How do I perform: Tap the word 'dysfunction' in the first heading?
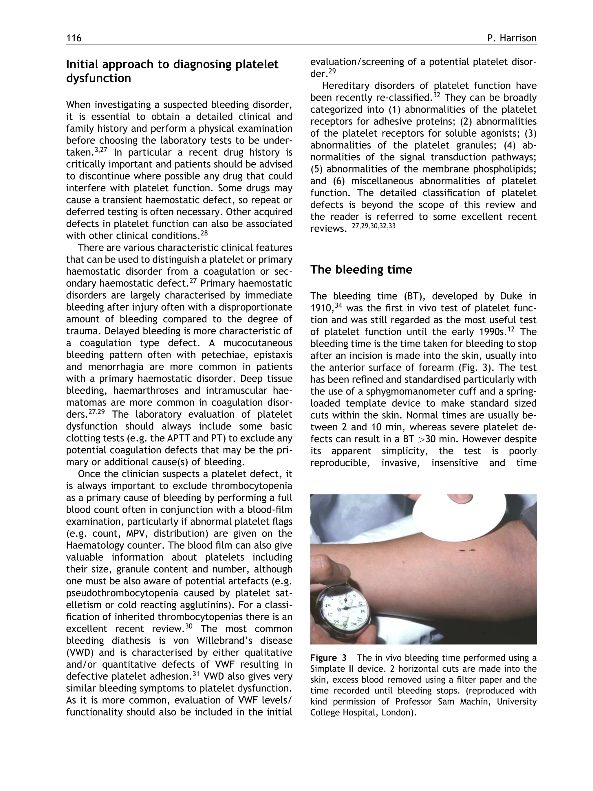pyautogui.click(x=98, y=78)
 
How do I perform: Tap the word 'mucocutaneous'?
pyautogui.click(x=257, y=343)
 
